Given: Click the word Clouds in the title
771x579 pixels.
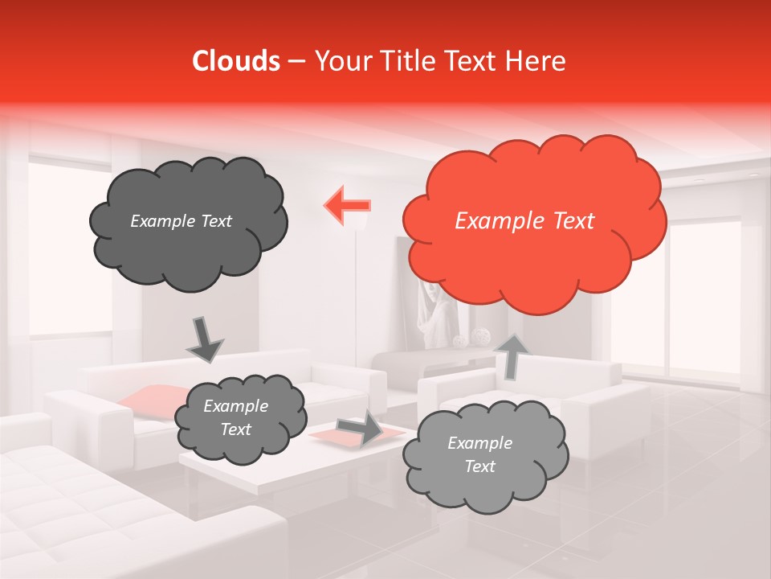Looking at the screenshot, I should pyautogui.click(x=236, y=61).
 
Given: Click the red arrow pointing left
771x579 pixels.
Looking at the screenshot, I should pyautogui.click(x=347, y=203).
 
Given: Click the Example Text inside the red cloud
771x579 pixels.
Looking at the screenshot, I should pyautogui.click(x=524, y=221).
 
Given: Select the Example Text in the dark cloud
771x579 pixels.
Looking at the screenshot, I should pyautogui.click(x=181, y=221).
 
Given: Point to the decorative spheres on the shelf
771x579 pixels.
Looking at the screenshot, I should pyautogui.click(x=471, y=338).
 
